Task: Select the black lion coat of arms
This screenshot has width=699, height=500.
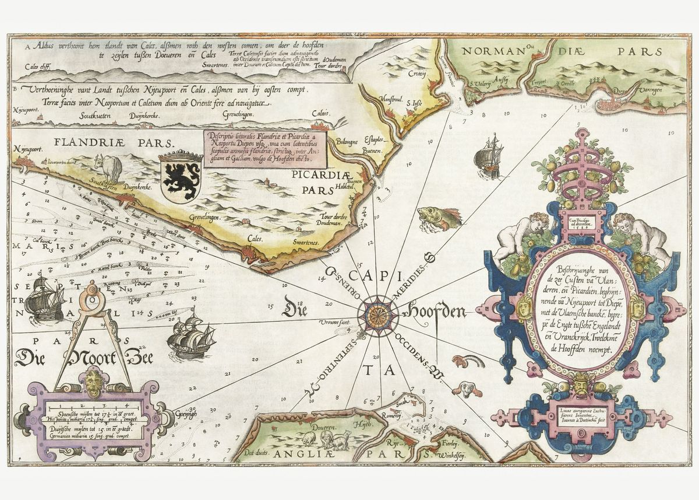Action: click(180, 177)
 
